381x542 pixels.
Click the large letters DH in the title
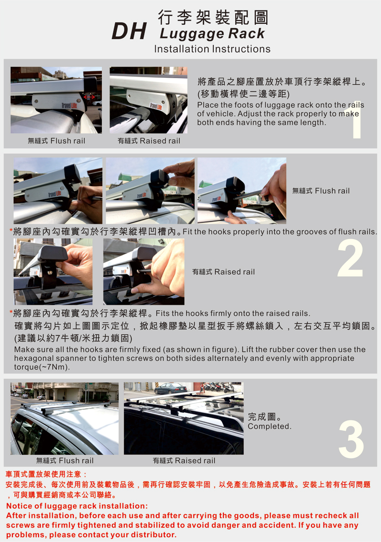pyautogui.click(x=130, y=31)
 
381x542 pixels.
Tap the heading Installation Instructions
pyautogui.click(x=212, y=49)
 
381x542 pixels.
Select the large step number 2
pyautogui.click(x=350, y=258)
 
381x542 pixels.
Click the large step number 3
pyautogui.click(x=351, y=439)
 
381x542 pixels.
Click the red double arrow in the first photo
pyautogui.click(x=89, y=98)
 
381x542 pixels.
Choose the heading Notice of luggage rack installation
pyautogui.click(x=77, y=506)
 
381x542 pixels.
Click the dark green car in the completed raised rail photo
pyautogui.click(x=170, y=388)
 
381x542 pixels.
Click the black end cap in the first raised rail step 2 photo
pyautogui.click(x=52, y=254)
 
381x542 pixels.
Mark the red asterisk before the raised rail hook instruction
pyautogui.click(x=11, y=312)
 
